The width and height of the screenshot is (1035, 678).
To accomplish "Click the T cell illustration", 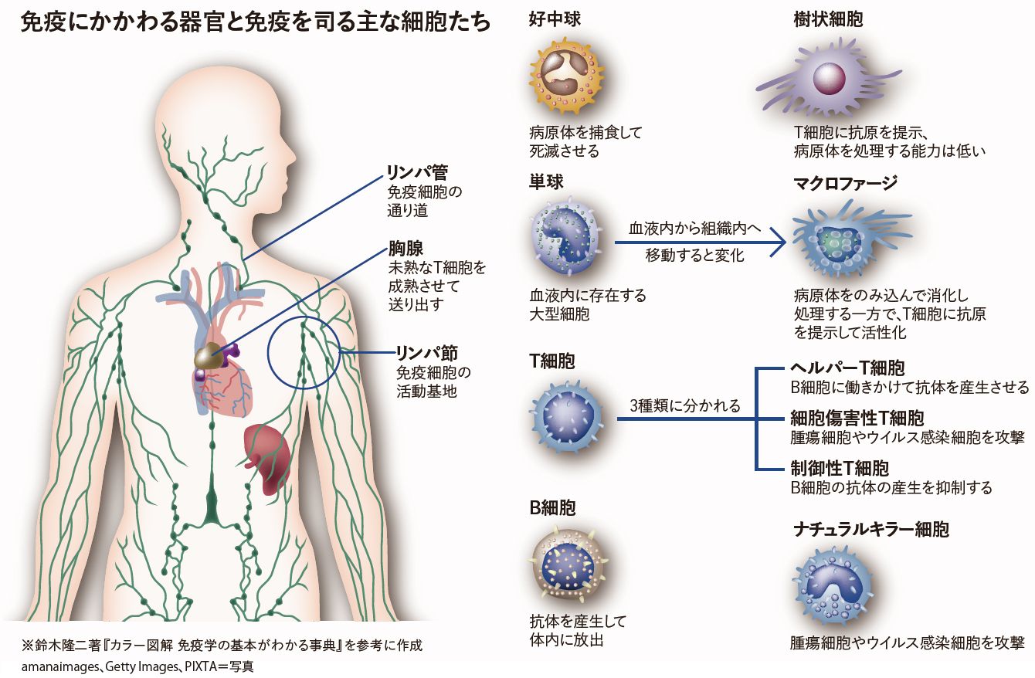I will pyautogui.click(x=571, y=420).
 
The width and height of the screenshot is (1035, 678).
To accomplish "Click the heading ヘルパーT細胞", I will pyautogui.click(x=847, y=368).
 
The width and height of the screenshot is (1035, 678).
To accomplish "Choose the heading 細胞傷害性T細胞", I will pyautogui.click(x=857, y=419).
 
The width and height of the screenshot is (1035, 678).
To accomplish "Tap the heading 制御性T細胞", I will pyautogui.click(x=839, y=468).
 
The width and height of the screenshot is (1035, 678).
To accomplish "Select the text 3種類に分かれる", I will pyautogui.click(x=685, y=405).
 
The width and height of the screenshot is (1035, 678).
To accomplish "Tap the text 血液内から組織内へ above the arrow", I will pyautogui.click(x=694, y=229).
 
